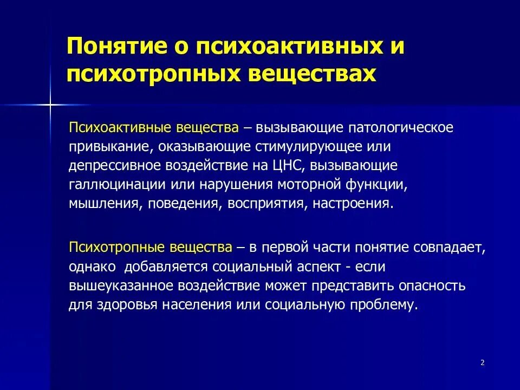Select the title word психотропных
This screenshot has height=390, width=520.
153,73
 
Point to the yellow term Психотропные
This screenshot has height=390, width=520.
116,248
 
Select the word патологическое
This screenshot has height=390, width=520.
401,128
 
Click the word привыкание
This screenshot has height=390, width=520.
109,147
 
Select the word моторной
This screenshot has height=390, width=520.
309,185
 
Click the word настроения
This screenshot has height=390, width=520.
351,204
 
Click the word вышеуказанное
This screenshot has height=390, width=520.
121,286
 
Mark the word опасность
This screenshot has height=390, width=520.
432,286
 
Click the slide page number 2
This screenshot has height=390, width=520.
483,362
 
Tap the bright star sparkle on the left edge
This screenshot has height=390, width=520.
50,105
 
